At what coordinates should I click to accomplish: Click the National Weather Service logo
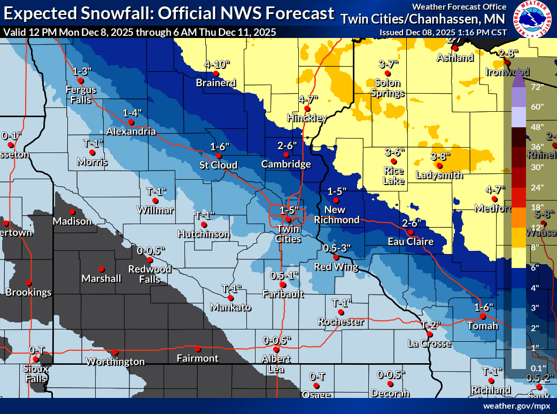click(533, 20)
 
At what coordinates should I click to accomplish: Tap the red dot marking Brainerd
click(216, 73)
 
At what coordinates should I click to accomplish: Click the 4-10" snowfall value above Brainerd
click(217, 65)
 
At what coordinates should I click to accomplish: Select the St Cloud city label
click(219, 165)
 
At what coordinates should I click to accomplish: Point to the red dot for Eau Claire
click(410, 233)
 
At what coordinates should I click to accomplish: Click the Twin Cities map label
click(288, 234)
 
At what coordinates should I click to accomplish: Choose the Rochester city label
click(341, 321)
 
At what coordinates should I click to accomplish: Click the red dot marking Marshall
click(101, 269)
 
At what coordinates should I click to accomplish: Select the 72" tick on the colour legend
click(537, 86)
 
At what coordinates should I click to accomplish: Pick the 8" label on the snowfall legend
click(536, 247)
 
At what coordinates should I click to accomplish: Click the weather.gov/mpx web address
click(516, 406)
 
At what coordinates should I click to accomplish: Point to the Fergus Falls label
click(81, 94)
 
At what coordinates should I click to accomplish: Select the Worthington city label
click(115, 362)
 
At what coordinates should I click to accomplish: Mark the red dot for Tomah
click(482, 317)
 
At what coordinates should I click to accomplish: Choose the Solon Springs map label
click(388, 88)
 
